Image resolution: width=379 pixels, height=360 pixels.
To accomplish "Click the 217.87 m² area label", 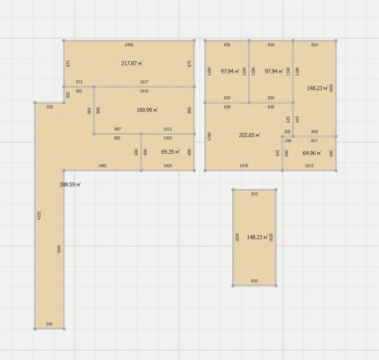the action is point(132,63).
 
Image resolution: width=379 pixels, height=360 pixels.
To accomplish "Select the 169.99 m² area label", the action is point(147,110).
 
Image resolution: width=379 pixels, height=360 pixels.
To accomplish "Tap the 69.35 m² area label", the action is point(170,152).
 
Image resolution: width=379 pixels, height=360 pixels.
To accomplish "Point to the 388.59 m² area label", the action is point(71,185).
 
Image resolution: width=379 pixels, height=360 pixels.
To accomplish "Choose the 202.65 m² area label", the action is point(249,135).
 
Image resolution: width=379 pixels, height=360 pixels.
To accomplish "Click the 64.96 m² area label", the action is point(312,153).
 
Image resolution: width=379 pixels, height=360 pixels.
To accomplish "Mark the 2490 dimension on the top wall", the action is point(129,45).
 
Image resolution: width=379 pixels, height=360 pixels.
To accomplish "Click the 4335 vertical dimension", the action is point(40,215).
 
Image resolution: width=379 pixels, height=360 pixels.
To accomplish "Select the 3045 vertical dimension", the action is point(59,249).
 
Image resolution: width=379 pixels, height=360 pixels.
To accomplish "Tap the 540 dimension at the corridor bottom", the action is point(49,324).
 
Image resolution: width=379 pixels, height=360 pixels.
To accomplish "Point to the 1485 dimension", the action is point(102,166).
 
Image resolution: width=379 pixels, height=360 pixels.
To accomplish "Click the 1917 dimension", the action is point(144,82).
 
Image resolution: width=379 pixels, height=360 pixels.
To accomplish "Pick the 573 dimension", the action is point(79,82).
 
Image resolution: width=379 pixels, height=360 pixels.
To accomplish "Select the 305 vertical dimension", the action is point(68,95).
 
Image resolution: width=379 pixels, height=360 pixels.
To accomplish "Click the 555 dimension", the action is point(50,107).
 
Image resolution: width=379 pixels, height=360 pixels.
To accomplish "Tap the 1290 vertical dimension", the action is point(209,136).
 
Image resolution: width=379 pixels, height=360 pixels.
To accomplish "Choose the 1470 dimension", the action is point(244,166).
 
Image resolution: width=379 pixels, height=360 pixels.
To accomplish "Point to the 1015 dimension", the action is point(309,166).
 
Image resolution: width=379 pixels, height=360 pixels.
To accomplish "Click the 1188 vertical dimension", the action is point(297,71).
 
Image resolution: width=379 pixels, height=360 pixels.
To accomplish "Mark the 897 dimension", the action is point(118,129).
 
